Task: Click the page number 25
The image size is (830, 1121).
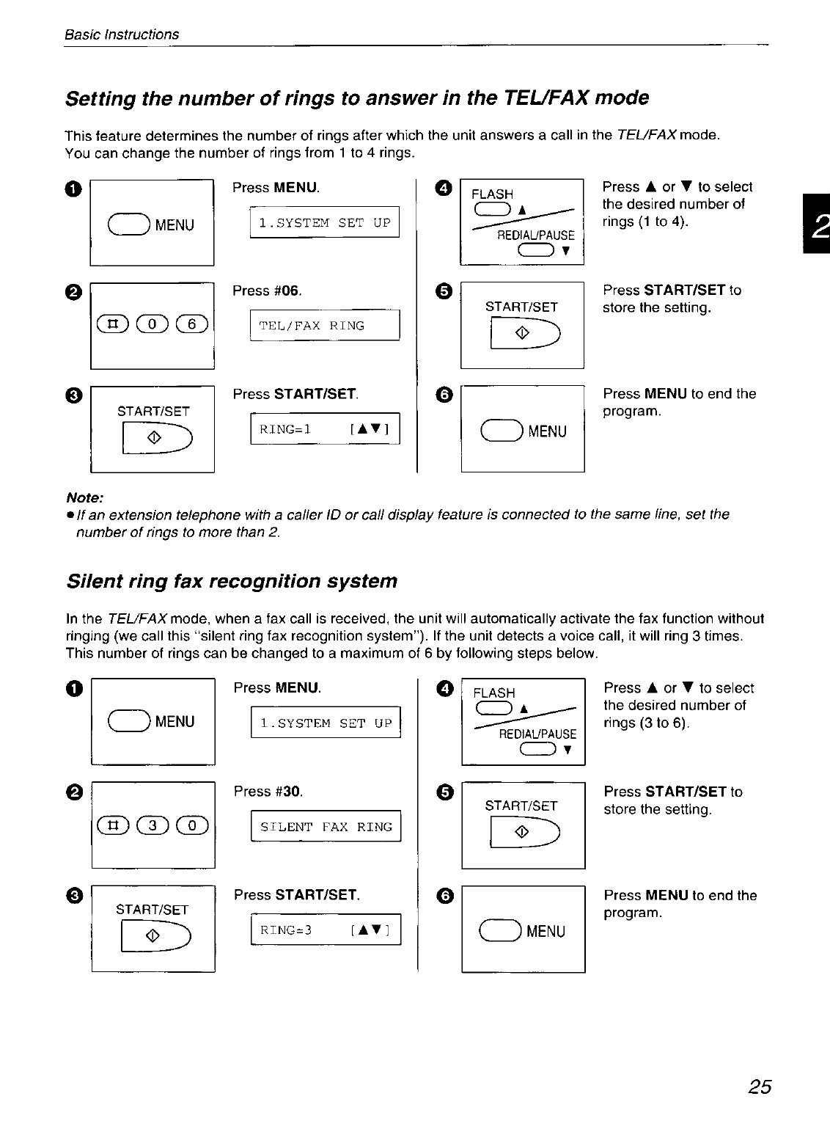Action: point(760,1087)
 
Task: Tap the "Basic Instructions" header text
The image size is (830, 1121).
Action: point(122,34)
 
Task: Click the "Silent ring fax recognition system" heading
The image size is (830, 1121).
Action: point(231,581)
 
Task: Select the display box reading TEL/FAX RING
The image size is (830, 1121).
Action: point(325,326)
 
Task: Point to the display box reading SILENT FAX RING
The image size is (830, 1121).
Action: point(326,827)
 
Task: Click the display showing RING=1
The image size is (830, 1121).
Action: point(325,430)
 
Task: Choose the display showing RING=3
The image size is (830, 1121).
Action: point(326,930)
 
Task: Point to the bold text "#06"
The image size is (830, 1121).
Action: point(287,291)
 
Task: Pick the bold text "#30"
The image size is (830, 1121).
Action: point(288,792)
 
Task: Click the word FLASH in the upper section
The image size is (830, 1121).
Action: point(492,194)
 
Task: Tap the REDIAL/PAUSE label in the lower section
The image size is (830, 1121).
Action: point(537,734)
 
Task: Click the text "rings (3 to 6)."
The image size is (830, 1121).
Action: point(647,723)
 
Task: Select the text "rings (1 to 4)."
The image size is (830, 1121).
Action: point(645,222)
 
